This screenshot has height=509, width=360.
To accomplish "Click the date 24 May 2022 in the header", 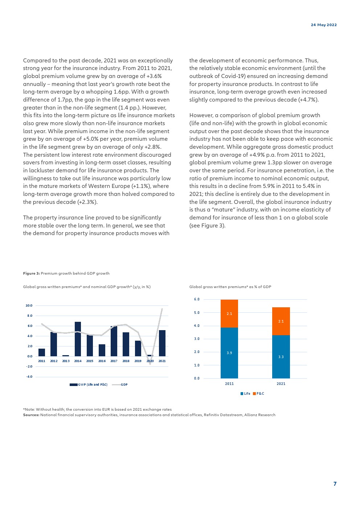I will pos(324,25).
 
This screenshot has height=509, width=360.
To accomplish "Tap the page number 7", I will pos(335,484).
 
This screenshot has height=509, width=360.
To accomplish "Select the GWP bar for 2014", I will pos(78,339).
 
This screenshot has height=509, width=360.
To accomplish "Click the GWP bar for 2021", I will pos(162,343).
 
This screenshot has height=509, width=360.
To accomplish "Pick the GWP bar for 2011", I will pos(42,352).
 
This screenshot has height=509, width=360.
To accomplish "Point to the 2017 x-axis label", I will pos(114,361).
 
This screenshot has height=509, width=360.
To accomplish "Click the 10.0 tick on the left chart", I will pos(29,305).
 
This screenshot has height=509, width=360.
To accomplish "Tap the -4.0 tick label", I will pos(29,377).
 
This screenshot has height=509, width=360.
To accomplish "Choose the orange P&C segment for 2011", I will pos(229,313).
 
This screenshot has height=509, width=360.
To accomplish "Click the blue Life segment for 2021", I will pos(281,357).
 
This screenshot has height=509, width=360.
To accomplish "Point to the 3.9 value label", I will pos(229,353).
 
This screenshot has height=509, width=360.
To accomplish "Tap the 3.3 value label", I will pos(281,357).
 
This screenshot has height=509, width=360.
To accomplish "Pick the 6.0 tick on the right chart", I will pos(197,299).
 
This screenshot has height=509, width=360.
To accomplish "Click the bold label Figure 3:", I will pos(31,274).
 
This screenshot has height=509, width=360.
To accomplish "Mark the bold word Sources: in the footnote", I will pos(31,415).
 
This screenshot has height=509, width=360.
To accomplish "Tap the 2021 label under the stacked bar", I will pos(281,383).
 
